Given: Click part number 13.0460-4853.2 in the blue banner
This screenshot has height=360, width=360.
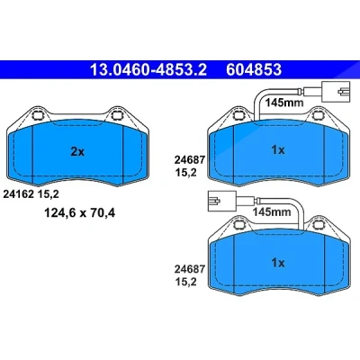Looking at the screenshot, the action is coord(148,70).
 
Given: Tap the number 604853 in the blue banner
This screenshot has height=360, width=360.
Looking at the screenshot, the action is coord(254,70).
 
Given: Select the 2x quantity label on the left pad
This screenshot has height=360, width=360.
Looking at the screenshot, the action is coord(77,152).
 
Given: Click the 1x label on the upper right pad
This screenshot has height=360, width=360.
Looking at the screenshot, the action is coord(278,149).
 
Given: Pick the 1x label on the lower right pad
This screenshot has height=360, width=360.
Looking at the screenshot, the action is coord(278,263).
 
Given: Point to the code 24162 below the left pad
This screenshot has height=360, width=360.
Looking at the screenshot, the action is coord(18,194).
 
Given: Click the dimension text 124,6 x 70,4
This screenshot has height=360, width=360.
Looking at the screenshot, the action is coord(79,213).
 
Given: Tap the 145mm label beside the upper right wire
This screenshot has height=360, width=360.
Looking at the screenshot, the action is coord(283,103).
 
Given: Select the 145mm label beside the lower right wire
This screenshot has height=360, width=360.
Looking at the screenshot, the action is coord(272,212).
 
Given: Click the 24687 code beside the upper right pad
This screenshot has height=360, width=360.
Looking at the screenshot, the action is coord(190,160).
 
